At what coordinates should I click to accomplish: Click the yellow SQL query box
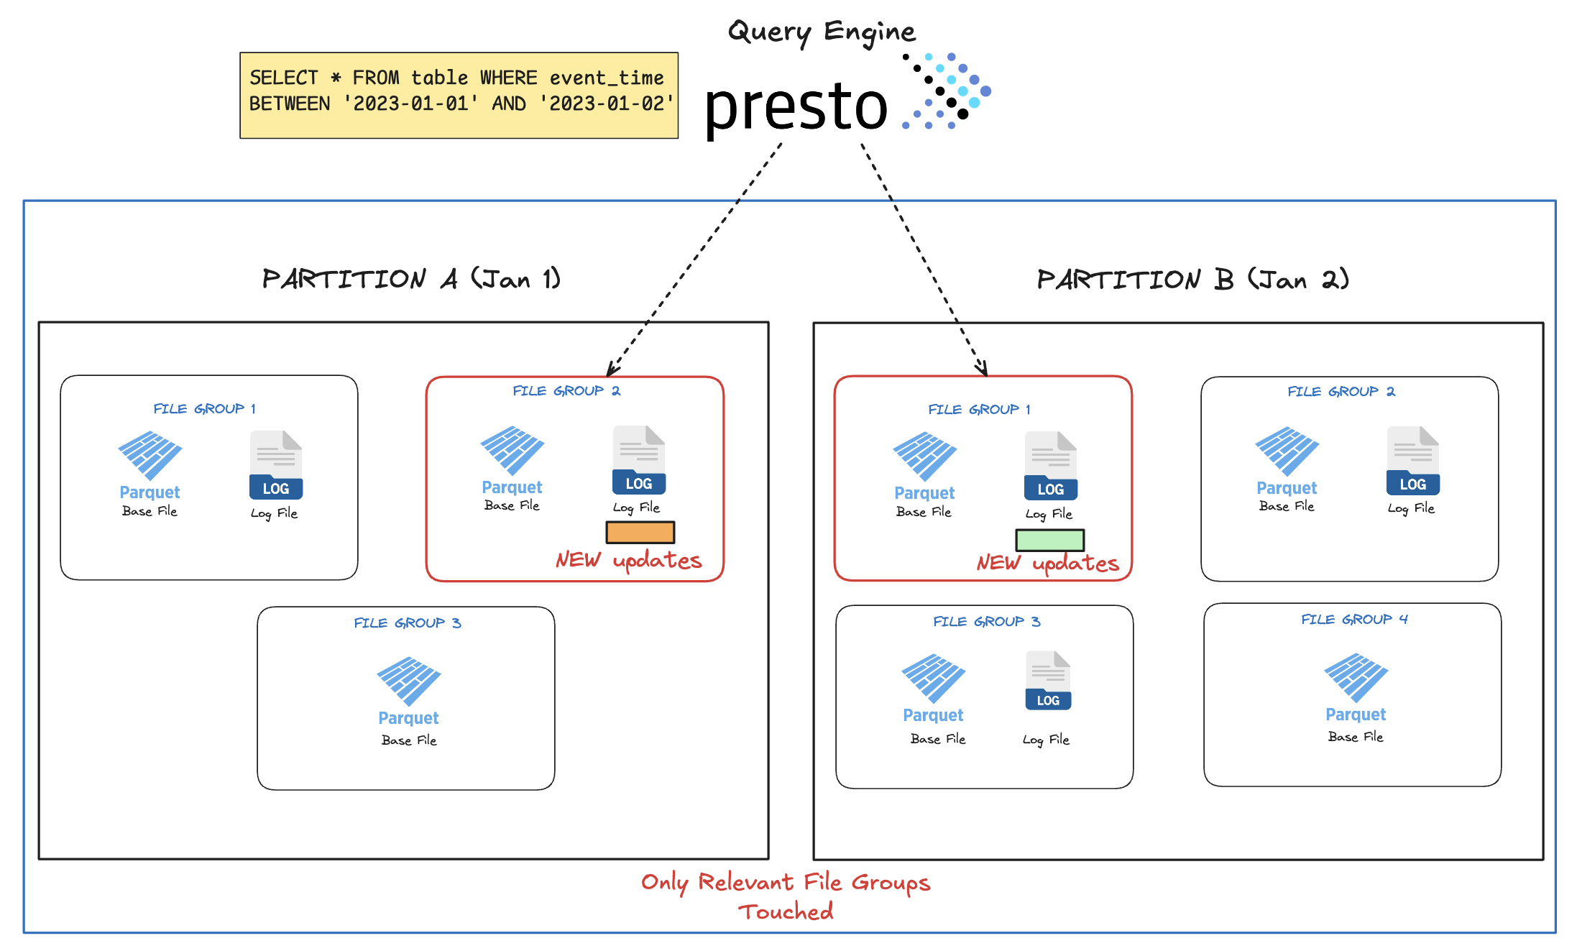click(459, 95)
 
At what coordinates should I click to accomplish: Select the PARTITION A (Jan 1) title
click(411, 279)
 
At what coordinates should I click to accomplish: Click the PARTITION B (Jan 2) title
click(1192, 280)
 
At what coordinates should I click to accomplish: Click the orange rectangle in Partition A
click(640, 533)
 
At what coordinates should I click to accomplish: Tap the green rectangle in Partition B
click(1049, 540)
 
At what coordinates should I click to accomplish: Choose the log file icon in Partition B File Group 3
click(1048, 680)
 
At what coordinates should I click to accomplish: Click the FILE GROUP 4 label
click(1354, 620)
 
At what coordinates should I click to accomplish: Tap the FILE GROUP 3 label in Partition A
click(407, 623)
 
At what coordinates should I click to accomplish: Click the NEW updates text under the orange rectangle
click(628, 561)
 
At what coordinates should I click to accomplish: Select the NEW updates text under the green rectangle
click(1047, 564)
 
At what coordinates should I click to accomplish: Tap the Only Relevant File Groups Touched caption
click(786, 896)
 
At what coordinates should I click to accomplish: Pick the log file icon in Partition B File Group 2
click(1412, 461)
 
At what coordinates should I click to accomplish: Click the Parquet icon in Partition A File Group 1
click(150, 455)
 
